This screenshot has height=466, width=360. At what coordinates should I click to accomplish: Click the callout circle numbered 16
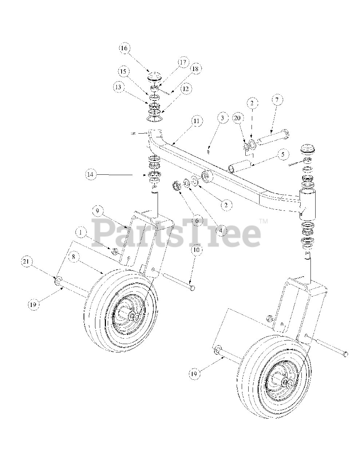124,48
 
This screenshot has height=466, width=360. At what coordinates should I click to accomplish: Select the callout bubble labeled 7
277,99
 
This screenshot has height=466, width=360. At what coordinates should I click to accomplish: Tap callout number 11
196,121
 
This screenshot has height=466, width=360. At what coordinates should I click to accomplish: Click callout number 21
26,261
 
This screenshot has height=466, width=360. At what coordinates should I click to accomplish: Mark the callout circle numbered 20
237,118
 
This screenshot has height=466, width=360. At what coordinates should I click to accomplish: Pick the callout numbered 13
118,87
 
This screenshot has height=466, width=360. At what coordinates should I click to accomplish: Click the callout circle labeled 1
81,232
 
